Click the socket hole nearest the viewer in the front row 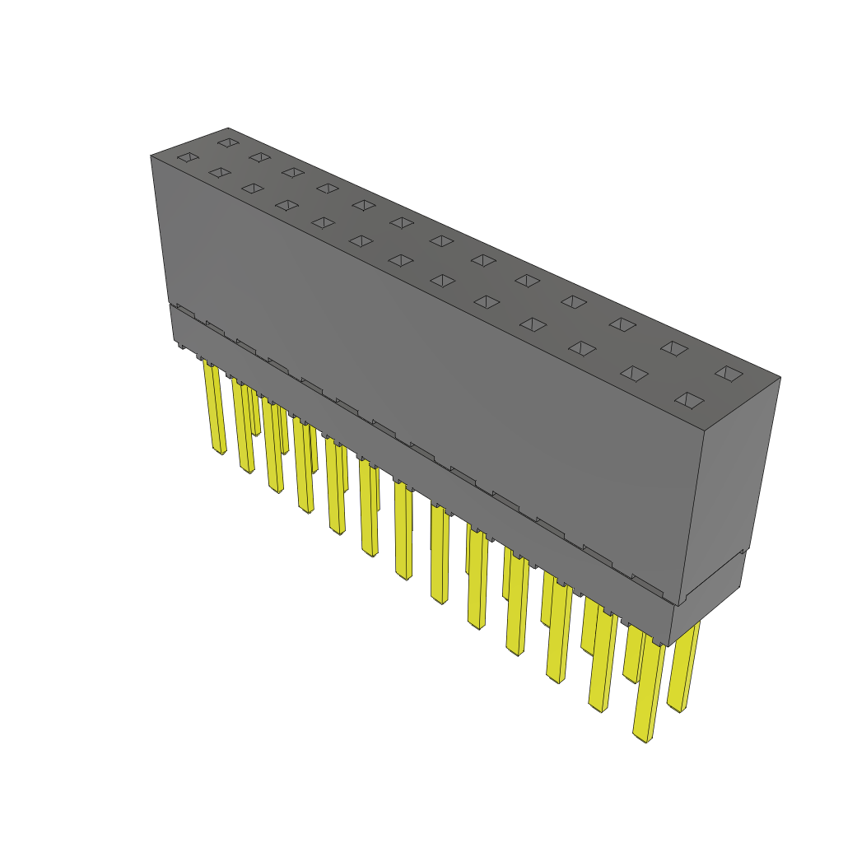[x=689, y=401]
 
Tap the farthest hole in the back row [x=227, y=142]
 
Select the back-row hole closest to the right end [x=728, y=373]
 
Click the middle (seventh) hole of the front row [x=400, y=260]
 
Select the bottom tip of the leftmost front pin [x=220, y=452]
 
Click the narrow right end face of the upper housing [x=731, y=486]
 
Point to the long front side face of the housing [x=412, y=370]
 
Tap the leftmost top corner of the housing [x=151, y=156]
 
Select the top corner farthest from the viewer [x=228, y=128]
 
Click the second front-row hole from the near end [x=634, y=374]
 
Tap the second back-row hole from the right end [x=674, y=348]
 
